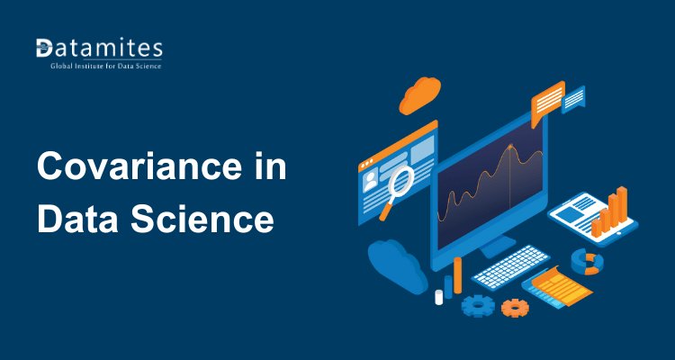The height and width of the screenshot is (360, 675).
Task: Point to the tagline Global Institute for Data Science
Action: tap(99, 66)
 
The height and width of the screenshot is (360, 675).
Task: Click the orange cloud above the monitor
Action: tap(419, 94)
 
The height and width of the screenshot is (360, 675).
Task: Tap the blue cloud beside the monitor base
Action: tap(394, 261)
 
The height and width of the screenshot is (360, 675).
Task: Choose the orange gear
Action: tap(515, 307)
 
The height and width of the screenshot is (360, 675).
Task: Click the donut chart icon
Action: tap(588, 262)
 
